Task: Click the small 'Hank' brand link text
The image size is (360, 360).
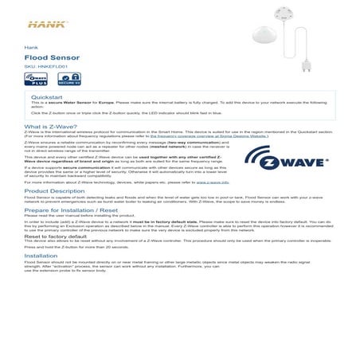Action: (x=30, y=48)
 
